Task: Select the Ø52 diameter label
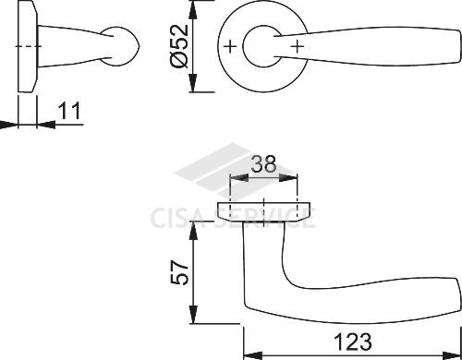click(x=179, y=46)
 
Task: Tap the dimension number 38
click(x=264, y=164)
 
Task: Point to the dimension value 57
click(x=179, y=272)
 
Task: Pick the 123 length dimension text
click(x=353, y=342)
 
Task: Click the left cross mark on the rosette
click(x=230, y=47)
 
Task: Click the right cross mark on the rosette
click(x=298, y=47)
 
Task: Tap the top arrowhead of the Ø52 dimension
click(x=193, y=9)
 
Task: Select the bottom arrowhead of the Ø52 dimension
click(x=193, y=83)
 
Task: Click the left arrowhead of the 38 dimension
click(x=239, y=177)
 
